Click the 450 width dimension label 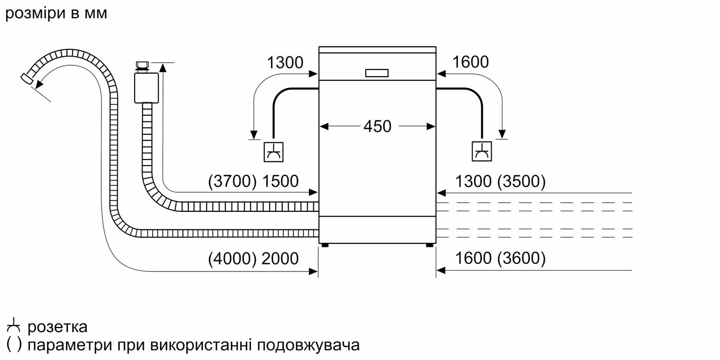377,126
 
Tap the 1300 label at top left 285,63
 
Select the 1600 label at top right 471,62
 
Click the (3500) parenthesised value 521,181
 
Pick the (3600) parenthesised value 521,258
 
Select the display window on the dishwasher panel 377,73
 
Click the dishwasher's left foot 325,246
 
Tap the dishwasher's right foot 429,246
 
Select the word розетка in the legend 58,327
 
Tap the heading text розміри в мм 56,13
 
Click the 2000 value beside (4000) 280,258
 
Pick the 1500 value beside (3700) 280,181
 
